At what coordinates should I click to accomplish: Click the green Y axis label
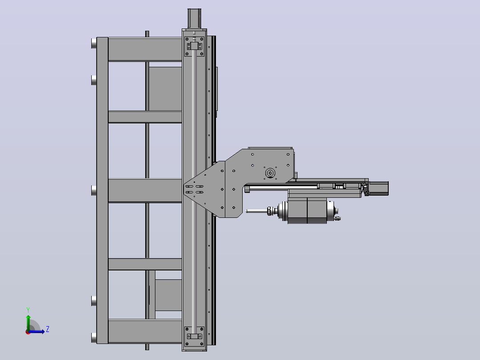click(x=28, y=310)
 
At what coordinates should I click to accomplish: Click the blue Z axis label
click(x=48, y=329)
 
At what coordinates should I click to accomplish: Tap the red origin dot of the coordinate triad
click(x=28, y=332)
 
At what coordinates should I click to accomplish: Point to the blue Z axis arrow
click(x=37, y=331)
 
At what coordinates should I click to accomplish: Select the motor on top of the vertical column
click(x=194, y=19)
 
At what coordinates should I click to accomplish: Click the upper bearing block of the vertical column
click(x=195, y=46)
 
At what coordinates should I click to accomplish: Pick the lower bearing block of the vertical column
click(x=195, y=336)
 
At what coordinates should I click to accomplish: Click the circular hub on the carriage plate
click(x=270, y=173)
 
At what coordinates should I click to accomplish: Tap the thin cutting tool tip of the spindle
click(x=256, y=211)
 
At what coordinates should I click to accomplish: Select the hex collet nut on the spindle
click(x=270, y=211)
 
